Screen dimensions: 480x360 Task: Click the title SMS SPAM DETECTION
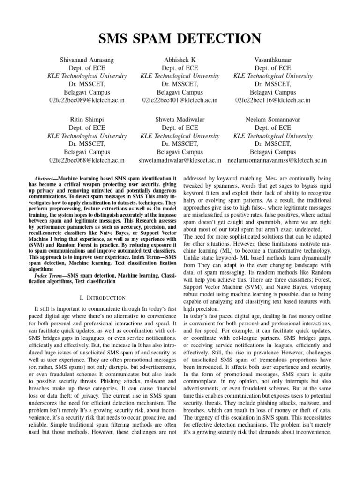point(180,38)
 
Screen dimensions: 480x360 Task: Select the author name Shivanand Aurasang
point(87,60)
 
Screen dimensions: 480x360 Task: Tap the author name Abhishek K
point(180,60)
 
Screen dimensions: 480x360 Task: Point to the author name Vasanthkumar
point(273,60)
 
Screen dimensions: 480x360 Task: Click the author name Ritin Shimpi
point(87,120)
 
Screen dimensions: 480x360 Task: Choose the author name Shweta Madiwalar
point(180,120)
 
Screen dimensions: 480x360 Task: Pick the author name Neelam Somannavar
point(273,120)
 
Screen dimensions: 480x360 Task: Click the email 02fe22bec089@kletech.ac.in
point(87,100)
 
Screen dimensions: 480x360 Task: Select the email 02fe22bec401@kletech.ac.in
point(180,100)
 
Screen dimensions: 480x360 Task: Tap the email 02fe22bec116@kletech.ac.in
point(273,100)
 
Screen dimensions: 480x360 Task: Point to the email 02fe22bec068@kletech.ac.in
point(87,160)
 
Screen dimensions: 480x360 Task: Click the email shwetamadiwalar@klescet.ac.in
point(180,160)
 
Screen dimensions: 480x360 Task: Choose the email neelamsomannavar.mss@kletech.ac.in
point(277,160)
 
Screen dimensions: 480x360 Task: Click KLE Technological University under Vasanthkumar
point(273,76)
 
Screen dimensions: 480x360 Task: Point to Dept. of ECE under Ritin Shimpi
point(87,127)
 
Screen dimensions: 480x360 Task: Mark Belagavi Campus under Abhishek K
point(180,92)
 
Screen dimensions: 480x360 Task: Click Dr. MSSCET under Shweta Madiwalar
point(180,144)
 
